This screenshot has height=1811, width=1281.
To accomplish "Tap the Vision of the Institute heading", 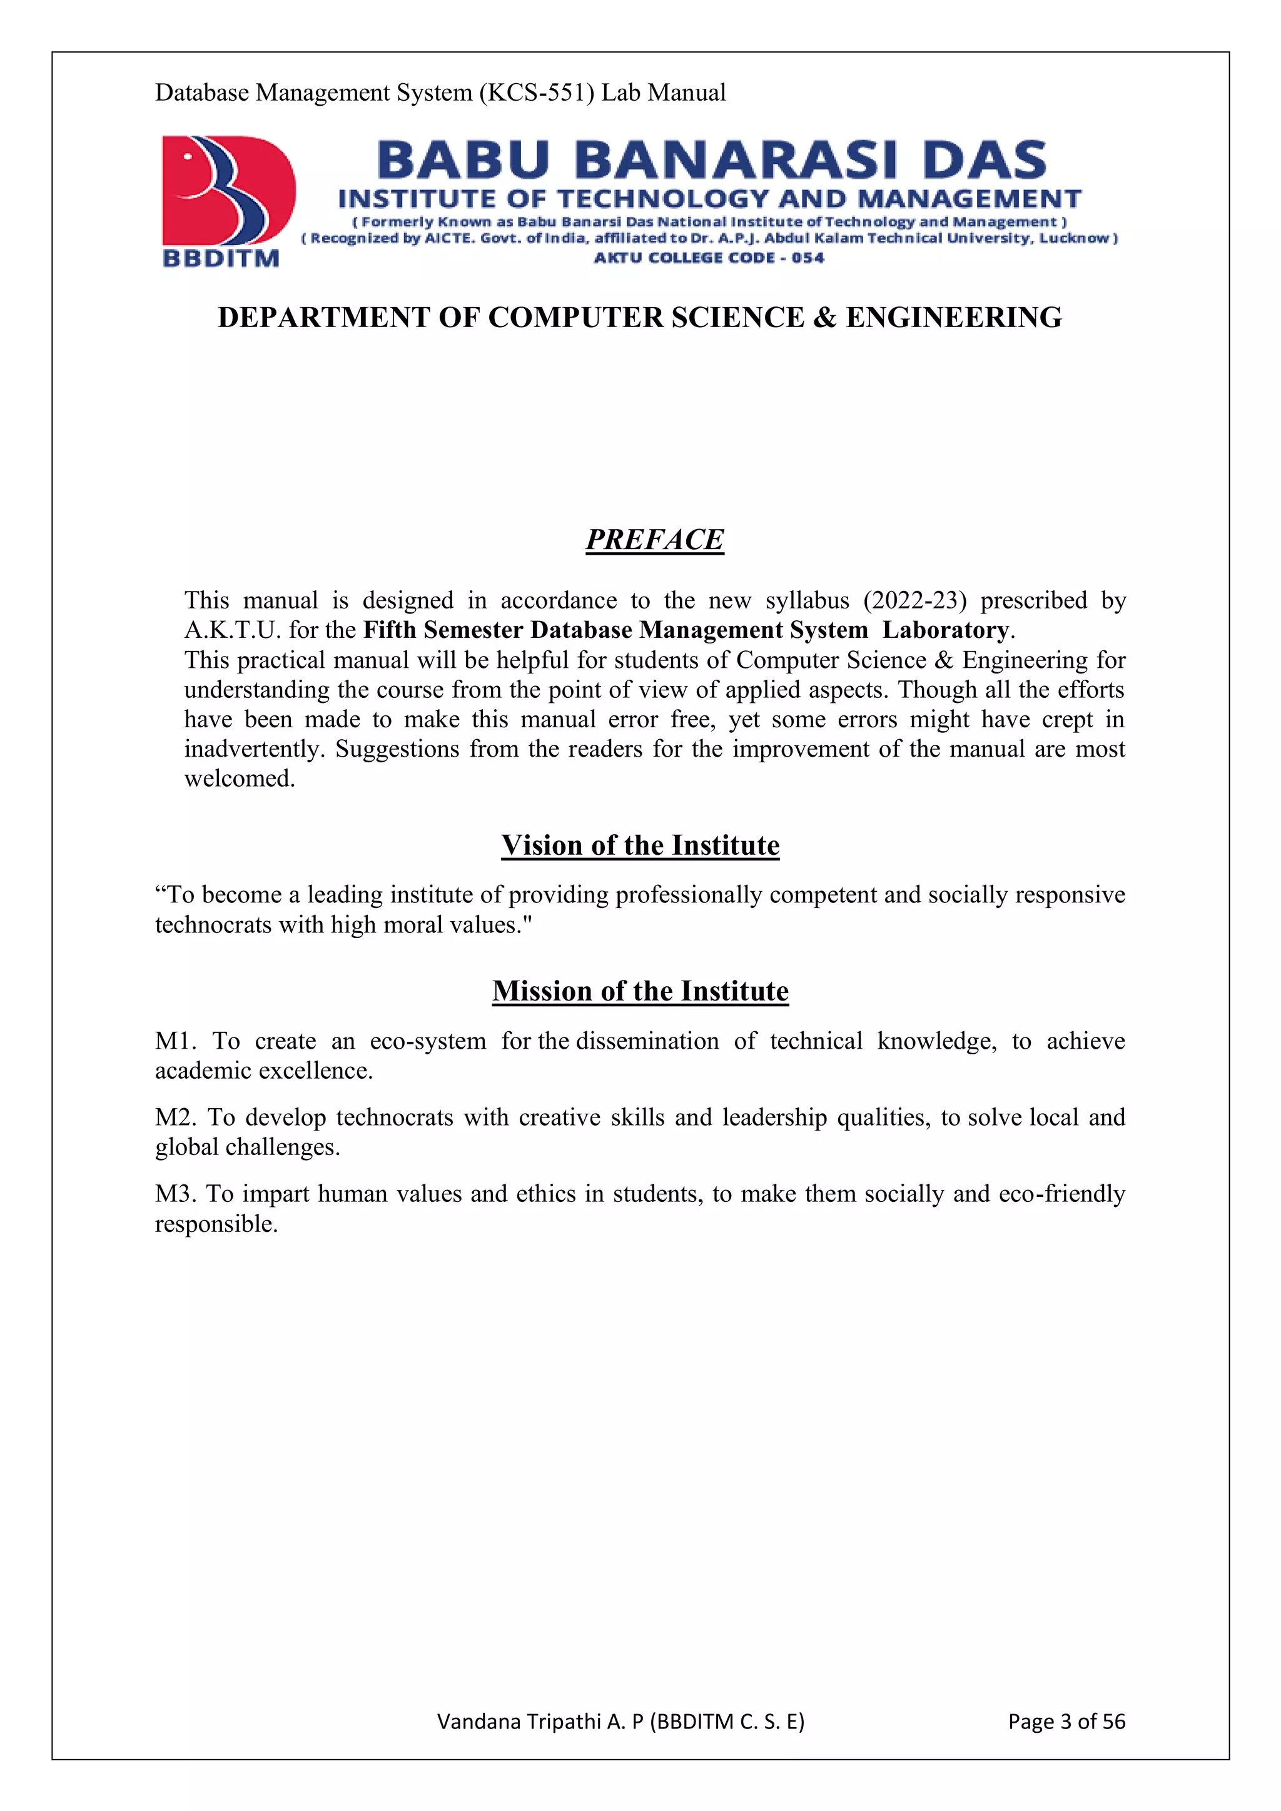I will pos(640,845).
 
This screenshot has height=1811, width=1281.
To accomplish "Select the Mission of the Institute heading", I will pos(640,991).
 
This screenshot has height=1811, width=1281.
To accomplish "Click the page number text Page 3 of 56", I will pos(1066,1721).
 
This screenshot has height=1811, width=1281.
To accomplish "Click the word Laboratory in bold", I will pos(945,630).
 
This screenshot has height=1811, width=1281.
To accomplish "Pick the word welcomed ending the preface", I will pos(239,779).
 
